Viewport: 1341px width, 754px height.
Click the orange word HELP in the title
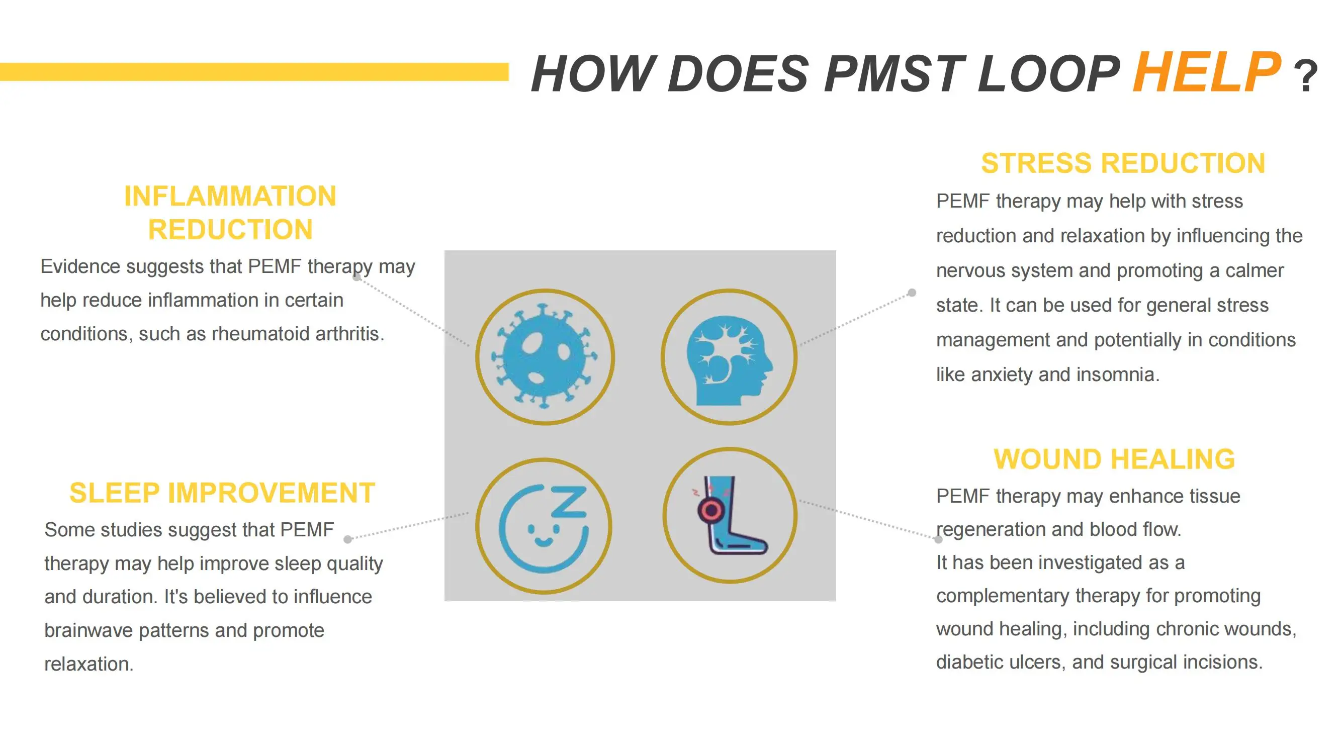click(x=1207, y=73)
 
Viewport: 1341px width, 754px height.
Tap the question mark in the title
click(x=1306, y=77)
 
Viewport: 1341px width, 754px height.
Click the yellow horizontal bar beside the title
click(x=254, y=72)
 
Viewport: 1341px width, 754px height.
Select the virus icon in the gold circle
click(x=545, y=357)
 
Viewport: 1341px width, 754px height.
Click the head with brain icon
click(x=729, y=357)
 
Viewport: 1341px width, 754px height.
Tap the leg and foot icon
click(x=730, y=515)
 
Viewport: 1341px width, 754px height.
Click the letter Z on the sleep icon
click(x=570, y=502)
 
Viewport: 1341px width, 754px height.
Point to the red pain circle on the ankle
click(x=710, y=510)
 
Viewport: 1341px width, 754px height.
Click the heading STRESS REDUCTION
click(x=1123, y=163)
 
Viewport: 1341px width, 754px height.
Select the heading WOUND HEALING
click(x=1114, y=459)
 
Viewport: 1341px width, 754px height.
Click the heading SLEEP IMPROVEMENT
click(x=222, y=493)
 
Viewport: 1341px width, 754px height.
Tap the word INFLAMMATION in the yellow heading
click(x=230, y=196)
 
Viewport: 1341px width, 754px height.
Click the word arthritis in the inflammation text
click(x=349, y=334)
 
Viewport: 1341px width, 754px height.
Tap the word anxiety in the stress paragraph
click(x=1001, y=374)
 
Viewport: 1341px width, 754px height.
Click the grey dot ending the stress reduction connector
click(x=912, y=293)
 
